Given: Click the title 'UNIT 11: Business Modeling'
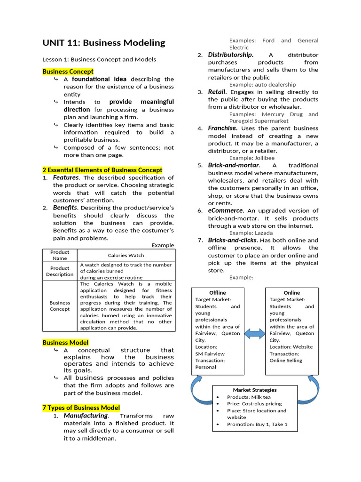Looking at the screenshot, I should [104, 43].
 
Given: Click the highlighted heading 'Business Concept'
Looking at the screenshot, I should [68, 72].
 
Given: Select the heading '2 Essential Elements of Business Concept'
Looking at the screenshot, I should [102, 170].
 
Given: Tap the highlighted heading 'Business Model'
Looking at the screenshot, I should [65, 343].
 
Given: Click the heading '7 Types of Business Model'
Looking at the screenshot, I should [81, 408].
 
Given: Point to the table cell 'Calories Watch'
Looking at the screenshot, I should [126, 255].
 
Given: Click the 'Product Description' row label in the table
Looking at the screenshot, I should [60, 271].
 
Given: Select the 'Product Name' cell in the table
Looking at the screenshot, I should [60, 255].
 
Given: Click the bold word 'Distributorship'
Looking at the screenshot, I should [230, 55].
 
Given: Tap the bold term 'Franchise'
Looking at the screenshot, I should [222, 128].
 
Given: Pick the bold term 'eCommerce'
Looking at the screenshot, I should [226, 210].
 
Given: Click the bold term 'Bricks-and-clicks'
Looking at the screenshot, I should [232, 240].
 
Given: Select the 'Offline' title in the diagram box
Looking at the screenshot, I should [217, 293].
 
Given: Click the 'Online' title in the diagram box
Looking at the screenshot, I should [291, 293].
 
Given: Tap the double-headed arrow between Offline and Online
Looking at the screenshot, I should [255, 334].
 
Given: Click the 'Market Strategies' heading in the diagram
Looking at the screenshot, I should [255, 390].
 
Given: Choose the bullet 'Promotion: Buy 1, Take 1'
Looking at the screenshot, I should [257, 424].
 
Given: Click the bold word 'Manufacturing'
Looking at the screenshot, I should [86, 416].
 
